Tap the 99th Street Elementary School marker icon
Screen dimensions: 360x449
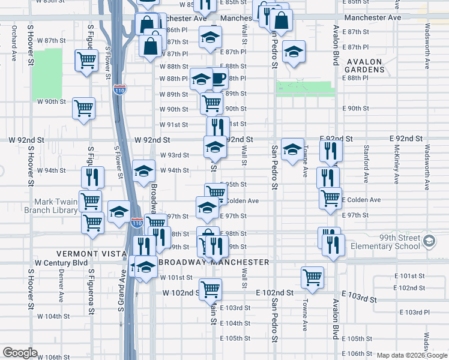pyautogui.click(x=429, y=241)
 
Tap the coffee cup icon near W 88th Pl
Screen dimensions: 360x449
pyautogui.click(x=218, y=77)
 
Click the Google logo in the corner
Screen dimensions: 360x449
pyautogui.click(x=20, y=353)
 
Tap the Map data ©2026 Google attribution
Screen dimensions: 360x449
pyautogui.click(x=411, y=355)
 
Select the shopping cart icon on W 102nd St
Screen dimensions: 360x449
pyautogui.click(x=211, y=289)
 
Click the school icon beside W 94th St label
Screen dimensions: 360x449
pyautogui.click(x=143, y=172)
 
